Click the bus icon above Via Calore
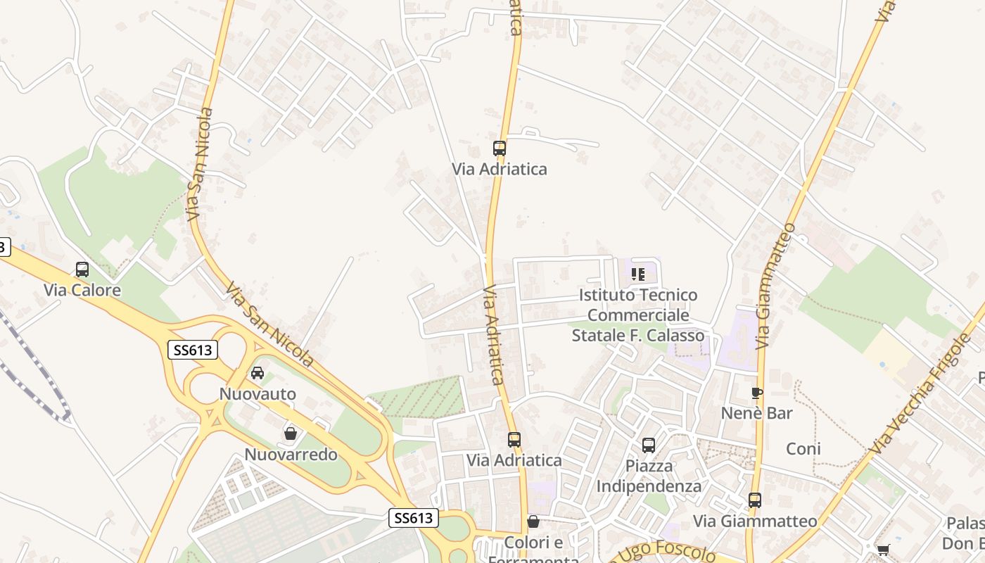[82, 269]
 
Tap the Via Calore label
[82, 290]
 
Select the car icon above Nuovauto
[258, 373]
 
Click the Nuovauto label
[258, 393]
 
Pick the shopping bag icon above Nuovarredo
[290, 434]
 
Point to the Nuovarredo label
[291, 455]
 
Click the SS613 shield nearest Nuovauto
[193, 350]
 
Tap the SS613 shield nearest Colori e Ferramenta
[414, 519]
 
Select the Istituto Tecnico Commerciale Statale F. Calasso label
[638, 315]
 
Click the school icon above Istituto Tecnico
[638, 274]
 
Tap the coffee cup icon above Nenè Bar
[757, 393]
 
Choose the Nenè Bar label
[757, 413]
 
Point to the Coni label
[803, 449]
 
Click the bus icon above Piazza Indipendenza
[649, 445]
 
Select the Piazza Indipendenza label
[649, 476]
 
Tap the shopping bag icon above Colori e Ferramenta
[533, 521]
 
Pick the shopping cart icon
[883, 550]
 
